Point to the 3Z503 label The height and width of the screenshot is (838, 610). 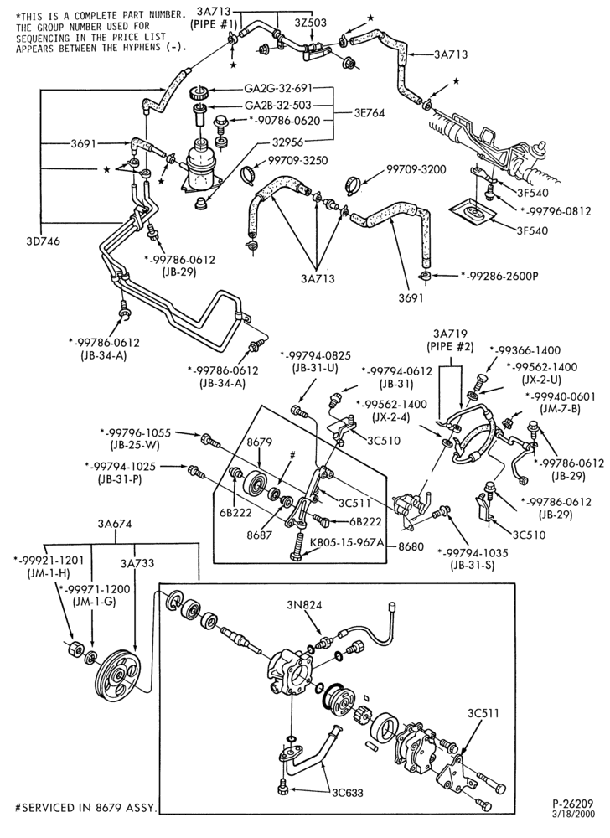click(310, 23)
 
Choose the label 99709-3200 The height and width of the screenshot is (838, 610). click(416, 170)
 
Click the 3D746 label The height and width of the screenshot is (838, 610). click(44, 241)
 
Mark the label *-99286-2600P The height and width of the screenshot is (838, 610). click(499, 277)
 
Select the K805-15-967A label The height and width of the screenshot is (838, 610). click(348, 543)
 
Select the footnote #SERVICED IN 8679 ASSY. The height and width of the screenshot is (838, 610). click(86, 808)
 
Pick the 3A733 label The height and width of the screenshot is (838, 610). click(137, 563)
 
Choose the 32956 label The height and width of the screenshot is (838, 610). click(285, 142)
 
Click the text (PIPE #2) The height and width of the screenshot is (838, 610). click(451, 346)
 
